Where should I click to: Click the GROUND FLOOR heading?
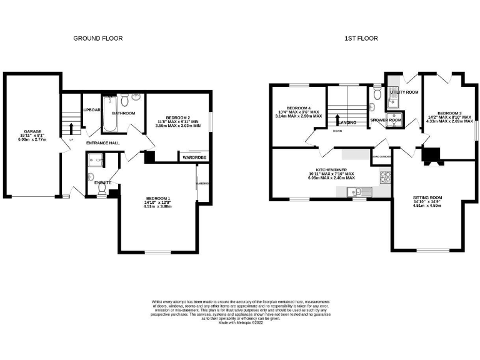pyautogui.click(x=98, y=38)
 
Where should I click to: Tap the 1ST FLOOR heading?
pyautogui.click(x=361, y=38)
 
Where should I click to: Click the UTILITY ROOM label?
pyautogui.click(x=403, y=92)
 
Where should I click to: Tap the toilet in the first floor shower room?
pyautogui.click(x=375, y=94)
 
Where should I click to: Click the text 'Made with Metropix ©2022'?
pyautogui.click(x=240, y=322)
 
